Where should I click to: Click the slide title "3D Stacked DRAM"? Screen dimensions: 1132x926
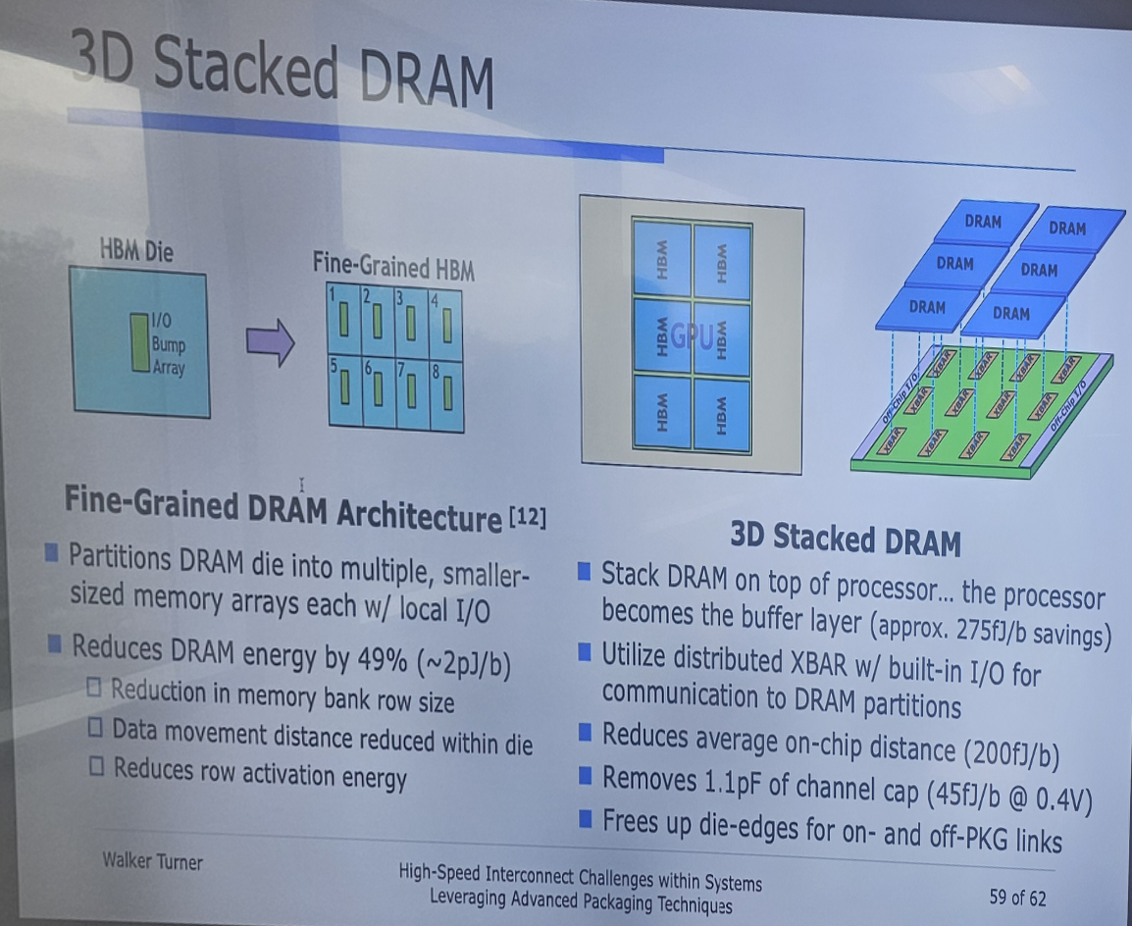281,71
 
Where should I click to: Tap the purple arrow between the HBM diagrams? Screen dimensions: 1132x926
270,342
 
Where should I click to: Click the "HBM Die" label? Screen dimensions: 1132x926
136,251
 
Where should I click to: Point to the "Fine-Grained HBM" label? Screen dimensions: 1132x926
393,266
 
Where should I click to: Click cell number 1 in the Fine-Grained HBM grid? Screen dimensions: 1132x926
345,318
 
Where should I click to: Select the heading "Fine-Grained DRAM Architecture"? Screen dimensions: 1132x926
283,508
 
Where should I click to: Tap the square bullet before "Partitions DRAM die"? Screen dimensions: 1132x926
51,554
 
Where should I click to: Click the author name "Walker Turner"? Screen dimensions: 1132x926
152,862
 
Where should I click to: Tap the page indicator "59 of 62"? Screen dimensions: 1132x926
1017,897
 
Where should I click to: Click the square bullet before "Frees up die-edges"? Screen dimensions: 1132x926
585,816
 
